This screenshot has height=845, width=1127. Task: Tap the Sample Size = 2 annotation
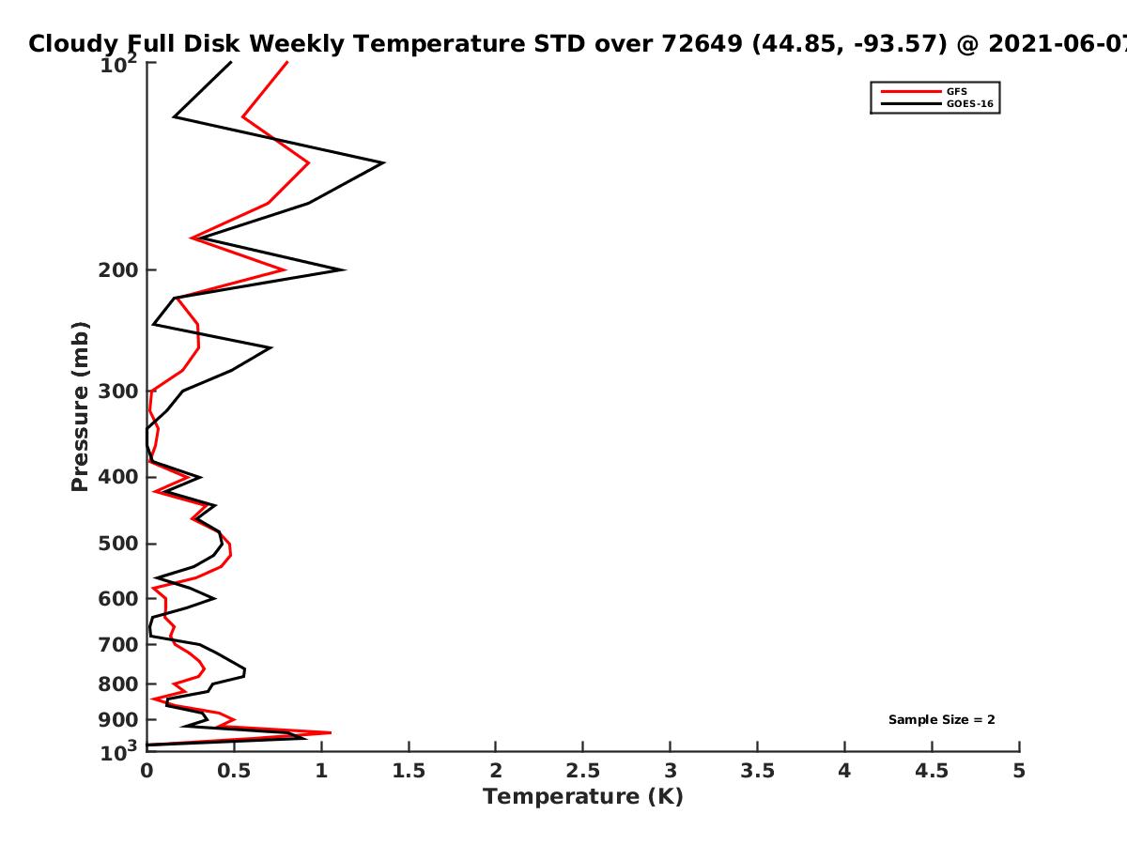pyautogui.click(x=941, y=720)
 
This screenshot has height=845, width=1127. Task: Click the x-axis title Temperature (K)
pyautogui.click(x=583, y=797)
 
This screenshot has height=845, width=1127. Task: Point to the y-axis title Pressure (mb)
pyautogui.click(x=80, y=407)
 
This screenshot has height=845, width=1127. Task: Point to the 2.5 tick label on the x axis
pyautogui.click(x=583, y=771)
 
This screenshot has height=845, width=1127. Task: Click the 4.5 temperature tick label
pyautogui.click(x=932, y=771)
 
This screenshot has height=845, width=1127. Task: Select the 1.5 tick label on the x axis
pyautogui.click(x=409, y=771)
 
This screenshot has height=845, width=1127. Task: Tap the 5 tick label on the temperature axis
pyautogui.click(x=1019, y=771)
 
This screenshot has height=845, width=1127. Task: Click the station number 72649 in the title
pyautogui.click(x=702, y=44)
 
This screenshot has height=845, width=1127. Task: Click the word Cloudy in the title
pyautogui.click(x=73, y=45)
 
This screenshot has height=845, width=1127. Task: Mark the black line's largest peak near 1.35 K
pyautogui.click(x=383, y=163)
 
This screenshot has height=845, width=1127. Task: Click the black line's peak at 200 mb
pyautogui.click(x=344, y=269)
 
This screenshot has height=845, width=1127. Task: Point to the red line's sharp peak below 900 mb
pyautogui.click(x=330, y=732)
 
